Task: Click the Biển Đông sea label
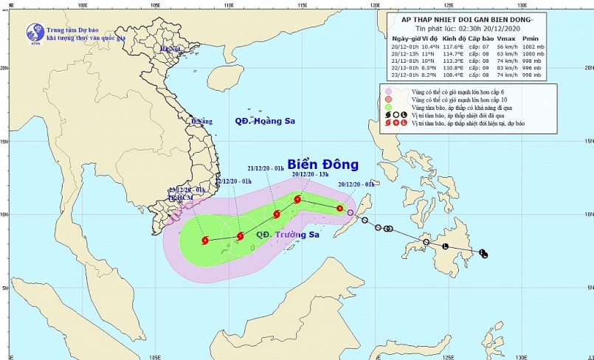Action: coord(322,164)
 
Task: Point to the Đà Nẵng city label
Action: coord(201,121)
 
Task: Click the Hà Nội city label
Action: coord(170,49)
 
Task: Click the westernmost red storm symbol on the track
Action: coord(204,239)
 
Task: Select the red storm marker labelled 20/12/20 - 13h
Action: coord(297,199)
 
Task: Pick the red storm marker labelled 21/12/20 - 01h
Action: coord(276,214)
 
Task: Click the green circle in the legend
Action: coord(388,107)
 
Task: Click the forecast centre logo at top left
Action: coord(35,32)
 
